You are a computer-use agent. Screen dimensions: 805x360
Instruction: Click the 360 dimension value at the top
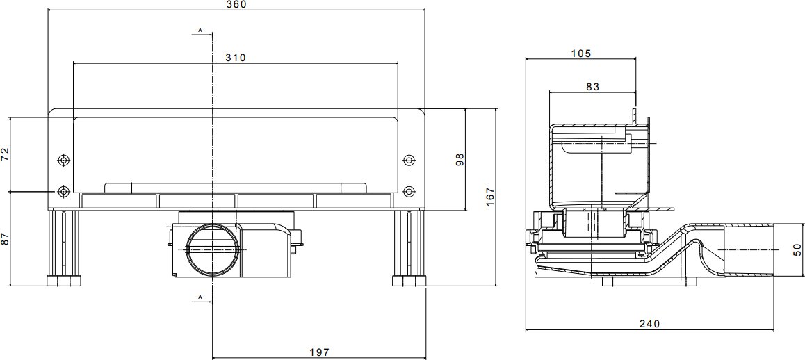pyautogui.click(x=236, y=5)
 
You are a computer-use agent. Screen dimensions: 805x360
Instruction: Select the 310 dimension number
pyautogui.click(x=236, y=58)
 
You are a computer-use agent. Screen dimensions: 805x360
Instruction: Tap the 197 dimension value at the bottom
pyautogui.click(x=319, y=352)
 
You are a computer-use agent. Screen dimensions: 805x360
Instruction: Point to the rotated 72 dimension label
pyautogui.click(x=5, y=154)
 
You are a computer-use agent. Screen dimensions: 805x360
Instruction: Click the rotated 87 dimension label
pyautogui.click(x=5, y=238)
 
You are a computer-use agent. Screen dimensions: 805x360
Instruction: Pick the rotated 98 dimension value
pyautogui.click(x=460, y=159)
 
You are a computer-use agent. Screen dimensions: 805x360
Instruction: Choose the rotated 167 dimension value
pyautogui.click(x=490, y=197)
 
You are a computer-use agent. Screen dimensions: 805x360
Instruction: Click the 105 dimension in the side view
pyautogui.click(x=581, y=54)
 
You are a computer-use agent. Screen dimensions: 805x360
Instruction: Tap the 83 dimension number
pyautogui.click(x=593, y=87)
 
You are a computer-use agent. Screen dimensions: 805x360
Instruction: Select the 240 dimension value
pyautogui.click(x=649, y=324)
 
